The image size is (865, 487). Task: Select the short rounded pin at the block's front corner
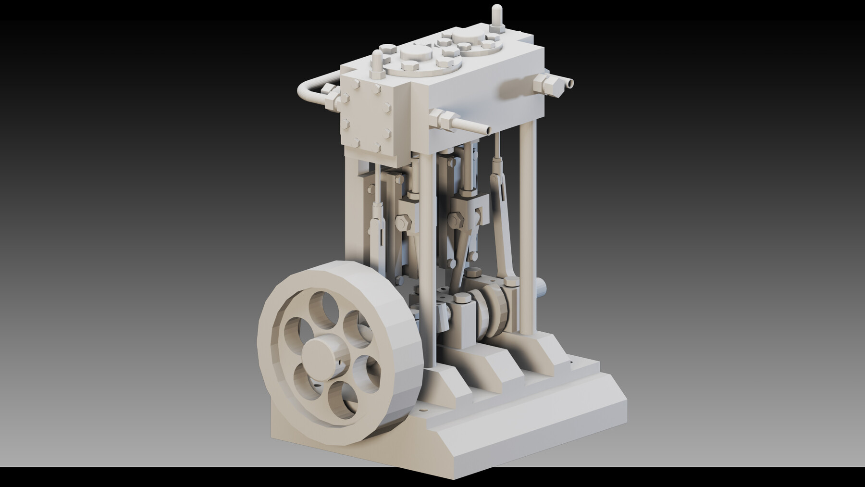point(377,62)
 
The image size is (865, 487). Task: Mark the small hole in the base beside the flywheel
point(422,411)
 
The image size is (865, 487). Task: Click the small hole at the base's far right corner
point(571,364)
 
